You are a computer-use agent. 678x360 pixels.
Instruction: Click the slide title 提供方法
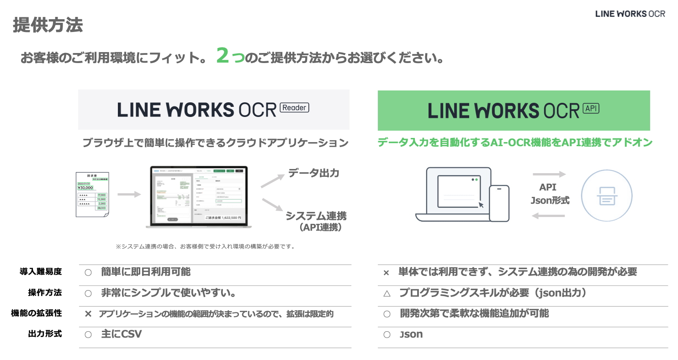pyautogui.click(x=48, y=25)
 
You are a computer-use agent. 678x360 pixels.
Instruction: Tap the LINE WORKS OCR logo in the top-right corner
pyautogui.click(x=630, y=14)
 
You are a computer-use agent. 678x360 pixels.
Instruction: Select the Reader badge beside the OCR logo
pyautogui.click(x=295, y=107)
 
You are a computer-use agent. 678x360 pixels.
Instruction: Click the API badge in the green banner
pyautogui.click(x=591, y=108)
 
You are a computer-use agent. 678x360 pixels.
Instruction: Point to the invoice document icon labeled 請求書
pyautogui.click(x=92, y=194)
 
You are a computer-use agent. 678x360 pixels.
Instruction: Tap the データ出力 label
pyautogui.click(x=313, y=174)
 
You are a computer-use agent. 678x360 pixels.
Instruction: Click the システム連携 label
pyautogui.click(x=316, y=216)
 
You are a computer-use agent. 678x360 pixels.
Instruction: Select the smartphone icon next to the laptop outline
pyautogui.click(x=499, y=203)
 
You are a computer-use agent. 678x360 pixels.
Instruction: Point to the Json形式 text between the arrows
pyautogui.click(x=550, y=200)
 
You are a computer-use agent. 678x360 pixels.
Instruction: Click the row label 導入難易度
pyautogui.click(x=40, y=271)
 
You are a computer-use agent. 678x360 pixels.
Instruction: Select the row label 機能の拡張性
pyautogui.click(x=36, y=313)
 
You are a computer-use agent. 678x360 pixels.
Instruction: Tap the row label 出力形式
pyautogui.click(x=45, y=334)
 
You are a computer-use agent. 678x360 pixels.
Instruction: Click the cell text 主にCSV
pyautogui.click(x=121, y=334)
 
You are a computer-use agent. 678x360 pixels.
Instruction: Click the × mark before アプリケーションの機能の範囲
pyautogui.click(x=89, y=314)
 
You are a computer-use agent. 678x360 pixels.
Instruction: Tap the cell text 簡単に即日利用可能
pyautogui.click(x=146, y=272)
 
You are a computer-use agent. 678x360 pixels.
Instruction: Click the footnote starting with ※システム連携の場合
pyautogui.click(x=205, y=246)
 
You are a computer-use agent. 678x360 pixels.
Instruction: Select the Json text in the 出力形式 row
pyautogui.click(x=411, y=334)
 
